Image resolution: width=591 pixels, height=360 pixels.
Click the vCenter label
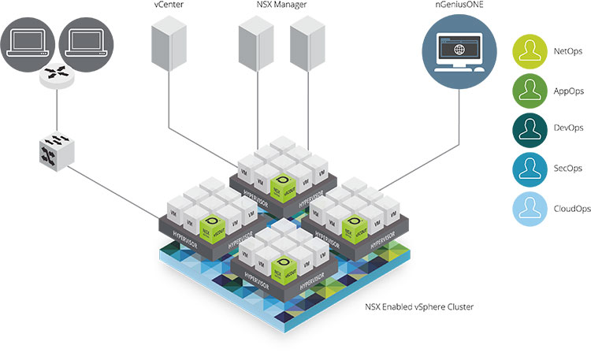[169, 6]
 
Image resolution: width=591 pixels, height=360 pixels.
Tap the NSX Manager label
[283, 6]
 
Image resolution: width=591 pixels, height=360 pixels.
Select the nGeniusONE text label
[459, 6]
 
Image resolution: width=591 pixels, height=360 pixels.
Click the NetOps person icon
[533, 52]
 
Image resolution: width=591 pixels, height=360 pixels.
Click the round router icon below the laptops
[56, 76]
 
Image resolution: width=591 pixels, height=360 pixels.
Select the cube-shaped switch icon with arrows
[57, 148]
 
